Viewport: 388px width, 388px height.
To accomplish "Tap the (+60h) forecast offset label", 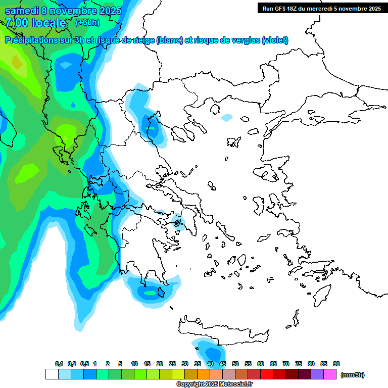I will tap(87, 23).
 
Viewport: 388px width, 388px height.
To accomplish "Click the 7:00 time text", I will tap(17, 23).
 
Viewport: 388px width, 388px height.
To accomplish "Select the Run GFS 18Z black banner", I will tap(320, 8).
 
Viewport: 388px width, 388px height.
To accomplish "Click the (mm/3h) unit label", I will tap(353, 375).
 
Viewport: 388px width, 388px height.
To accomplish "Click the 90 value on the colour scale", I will tap(336, 364).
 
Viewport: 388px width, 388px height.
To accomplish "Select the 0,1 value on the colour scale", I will tap(59, 364).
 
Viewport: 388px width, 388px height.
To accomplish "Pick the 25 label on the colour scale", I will tap(172, 364).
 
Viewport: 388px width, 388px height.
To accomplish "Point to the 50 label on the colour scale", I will tap(235, 364).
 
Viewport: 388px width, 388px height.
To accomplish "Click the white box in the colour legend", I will tap(52, 374).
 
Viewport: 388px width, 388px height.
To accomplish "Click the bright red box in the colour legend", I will tap(267, 374).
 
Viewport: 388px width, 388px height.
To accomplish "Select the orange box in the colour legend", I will tap(204, 374).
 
